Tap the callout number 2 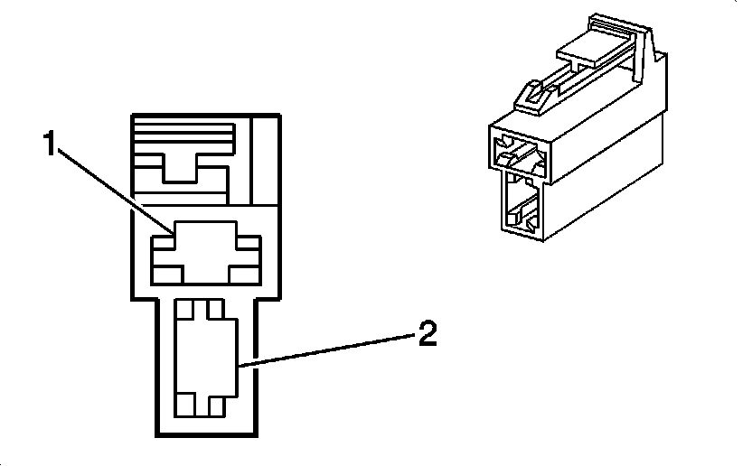427,335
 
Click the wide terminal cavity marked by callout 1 205,252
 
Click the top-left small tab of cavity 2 184,308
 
